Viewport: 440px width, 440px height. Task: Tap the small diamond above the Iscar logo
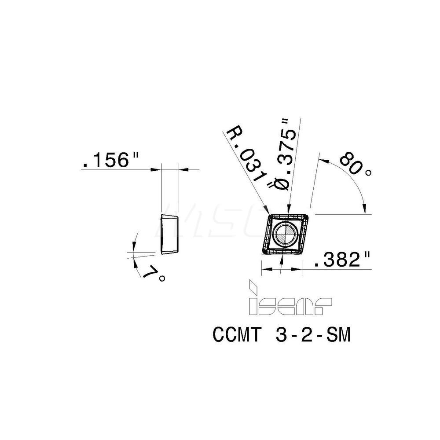pyautogui.click(x=253, y=286)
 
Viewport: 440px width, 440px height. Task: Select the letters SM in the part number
pyautogui.click(x=339, y=336)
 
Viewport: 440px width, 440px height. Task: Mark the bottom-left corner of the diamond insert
pyautogui.click(x=263, y=253)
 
